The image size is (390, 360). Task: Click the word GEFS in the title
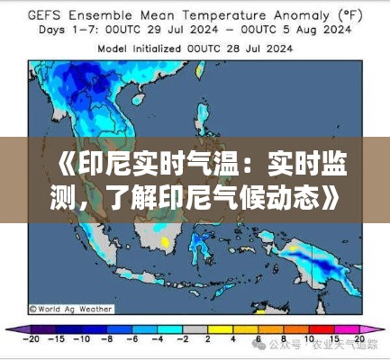48,15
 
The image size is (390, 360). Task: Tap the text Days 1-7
58,30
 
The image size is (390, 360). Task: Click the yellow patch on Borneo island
165,242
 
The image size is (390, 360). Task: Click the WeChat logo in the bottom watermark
259,344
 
